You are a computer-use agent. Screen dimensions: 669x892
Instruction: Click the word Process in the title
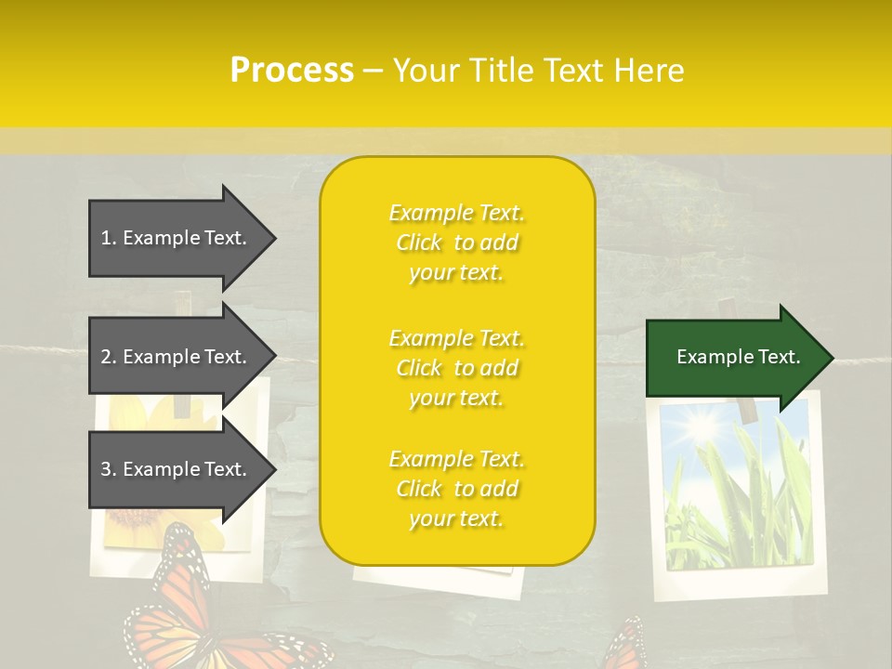(x=292, y=71)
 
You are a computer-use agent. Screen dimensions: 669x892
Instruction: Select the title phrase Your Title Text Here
(x=538, y=71)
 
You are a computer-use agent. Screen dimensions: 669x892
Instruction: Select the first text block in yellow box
(x=456, y=243)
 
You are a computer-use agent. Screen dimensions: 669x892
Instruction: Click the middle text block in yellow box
(x=456, y=368)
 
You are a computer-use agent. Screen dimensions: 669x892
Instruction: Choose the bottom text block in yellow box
(x=456, y=489)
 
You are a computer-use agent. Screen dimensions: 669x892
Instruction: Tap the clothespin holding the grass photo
(x=743, y=409)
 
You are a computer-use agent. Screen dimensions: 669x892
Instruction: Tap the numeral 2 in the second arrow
(x=106, y=357)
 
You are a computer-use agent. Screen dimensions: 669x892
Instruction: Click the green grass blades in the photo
(x=743, y=502)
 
